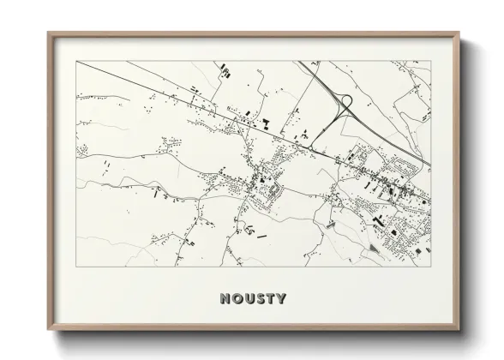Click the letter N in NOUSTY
pyautogui.click(x=225, y=299)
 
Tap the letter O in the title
pyautogui.click(x=236, y=299)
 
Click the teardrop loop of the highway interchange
pyautogui.click(x=346, y=104)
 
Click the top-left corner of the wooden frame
pyautogui.click(x=48, y=33)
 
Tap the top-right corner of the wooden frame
pyautogui.click(x=460, y=33)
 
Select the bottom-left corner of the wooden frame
pyautogui.click(x=48, y=330)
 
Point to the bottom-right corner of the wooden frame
pyautogui.click(x=460, y=330)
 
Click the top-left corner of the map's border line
pyautogui.click(x=77, y=61)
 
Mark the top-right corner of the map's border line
pyautogui.click(x=430, y=61)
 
